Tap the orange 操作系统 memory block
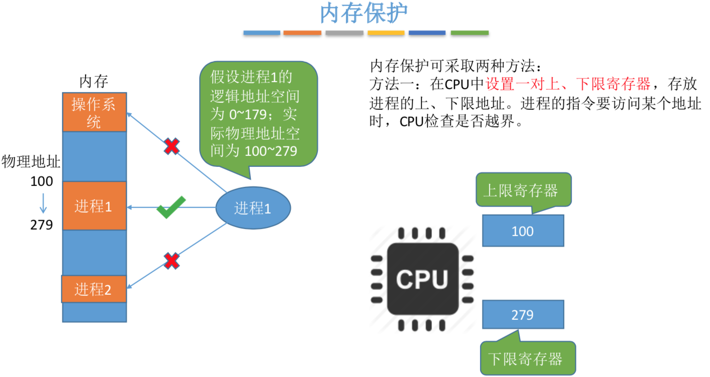(94, 112)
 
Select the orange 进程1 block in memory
(94, 206)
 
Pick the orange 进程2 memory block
(94, 289)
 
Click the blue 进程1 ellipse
(253, 208)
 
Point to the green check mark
(171, 208)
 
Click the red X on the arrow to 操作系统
(172, 146)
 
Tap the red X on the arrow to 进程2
(172, 261)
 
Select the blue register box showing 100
(523, 231)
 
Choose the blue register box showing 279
(523, 315)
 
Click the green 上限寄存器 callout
(523, 191)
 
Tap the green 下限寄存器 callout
(528, 358)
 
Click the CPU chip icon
(422, 279)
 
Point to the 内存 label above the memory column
(94, 81)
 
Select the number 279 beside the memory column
(42, 225)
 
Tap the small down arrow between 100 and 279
(43, 203)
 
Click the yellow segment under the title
(386, 33)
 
